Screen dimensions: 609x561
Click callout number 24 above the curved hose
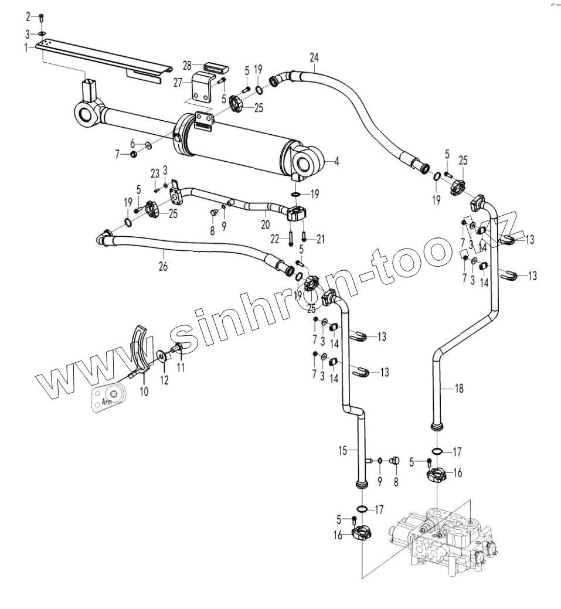point(314,57)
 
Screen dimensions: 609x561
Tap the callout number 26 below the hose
point(163,267)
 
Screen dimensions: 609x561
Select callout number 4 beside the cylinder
point(336,161)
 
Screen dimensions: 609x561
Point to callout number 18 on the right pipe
point(459,388)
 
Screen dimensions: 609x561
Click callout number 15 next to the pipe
point(343,450)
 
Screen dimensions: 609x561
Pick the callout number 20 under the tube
point(265,224)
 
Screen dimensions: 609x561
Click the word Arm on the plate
point(107,402)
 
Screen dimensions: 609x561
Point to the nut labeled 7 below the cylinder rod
point(133,154)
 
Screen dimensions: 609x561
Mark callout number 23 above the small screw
point(155,173)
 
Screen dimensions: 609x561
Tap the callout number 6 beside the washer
point(132,143)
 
